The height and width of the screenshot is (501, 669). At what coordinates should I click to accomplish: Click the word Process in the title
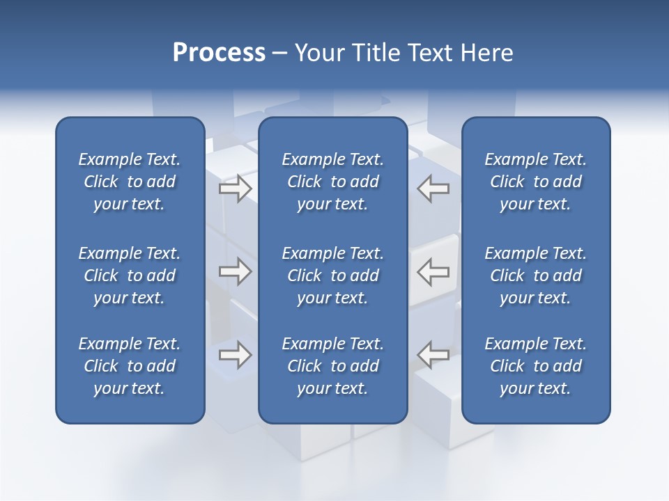click(x=219, y=53)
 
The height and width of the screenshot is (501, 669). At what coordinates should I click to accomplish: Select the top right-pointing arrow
click(x=235, y=189)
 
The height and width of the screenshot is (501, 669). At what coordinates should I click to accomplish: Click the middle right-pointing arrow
click(x=235, y=271)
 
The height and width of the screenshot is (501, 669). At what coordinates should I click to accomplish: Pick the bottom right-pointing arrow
click(x=235, y=355)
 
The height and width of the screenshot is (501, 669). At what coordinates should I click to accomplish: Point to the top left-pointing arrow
click(x=433, y=189)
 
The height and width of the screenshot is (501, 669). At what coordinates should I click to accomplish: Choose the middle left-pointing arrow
click(x=433, y=271)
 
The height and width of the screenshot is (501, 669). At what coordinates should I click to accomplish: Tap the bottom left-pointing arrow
click(x=433, y=355)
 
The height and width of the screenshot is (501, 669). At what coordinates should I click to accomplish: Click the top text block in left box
click(x=130, y=182)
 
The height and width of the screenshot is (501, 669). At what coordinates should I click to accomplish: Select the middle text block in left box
click(x=130, y=276)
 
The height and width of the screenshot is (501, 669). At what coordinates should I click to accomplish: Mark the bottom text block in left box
click(x=130, y=366)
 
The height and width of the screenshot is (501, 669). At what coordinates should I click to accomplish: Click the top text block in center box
click(x=332, y=182)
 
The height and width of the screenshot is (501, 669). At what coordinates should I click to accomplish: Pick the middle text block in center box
click(x=332, y=276)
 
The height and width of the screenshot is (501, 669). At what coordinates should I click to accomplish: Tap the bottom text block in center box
click(x=332, y=366)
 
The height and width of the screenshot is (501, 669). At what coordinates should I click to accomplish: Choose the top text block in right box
click(x=535, y=182)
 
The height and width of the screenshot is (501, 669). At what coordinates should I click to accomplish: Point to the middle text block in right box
click(x=535, y=276)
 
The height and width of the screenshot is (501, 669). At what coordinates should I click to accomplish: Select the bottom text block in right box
click(x=535, y=366)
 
